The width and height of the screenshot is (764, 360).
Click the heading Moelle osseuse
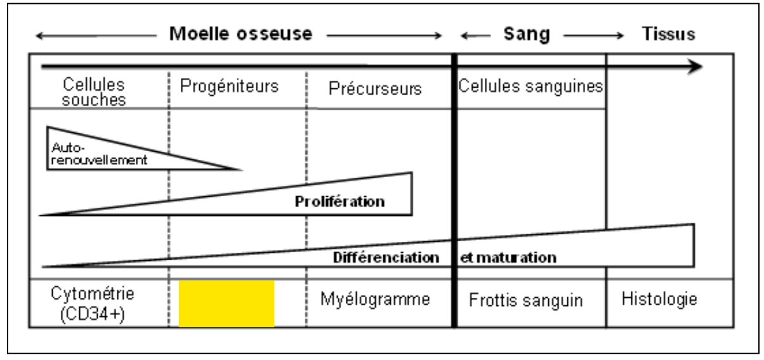click(x=240, y=34)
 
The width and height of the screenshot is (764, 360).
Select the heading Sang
click(x=527, y=34)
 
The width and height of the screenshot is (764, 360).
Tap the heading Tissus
click(x=668, y=34)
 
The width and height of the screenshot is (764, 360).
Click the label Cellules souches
click(x=95, y=92)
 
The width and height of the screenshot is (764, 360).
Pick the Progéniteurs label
click(x=229, y=86)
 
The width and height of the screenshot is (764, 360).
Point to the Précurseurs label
click(x=375, y=88)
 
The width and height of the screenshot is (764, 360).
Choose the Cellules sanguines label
click(x=530, y=86)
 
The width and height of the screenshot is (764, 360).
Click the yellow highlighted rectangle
click(x=227, y=303)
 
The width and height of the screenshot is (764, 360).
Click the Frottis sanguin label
click(x=526, y=300)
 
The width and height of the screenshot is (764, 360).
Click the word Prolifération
click(x=339, y=202)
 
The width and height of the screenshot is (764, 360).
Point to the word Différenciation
click(x=386, y=258)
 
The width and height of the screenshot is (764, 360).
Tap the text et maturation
click(x=508, y=258)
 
